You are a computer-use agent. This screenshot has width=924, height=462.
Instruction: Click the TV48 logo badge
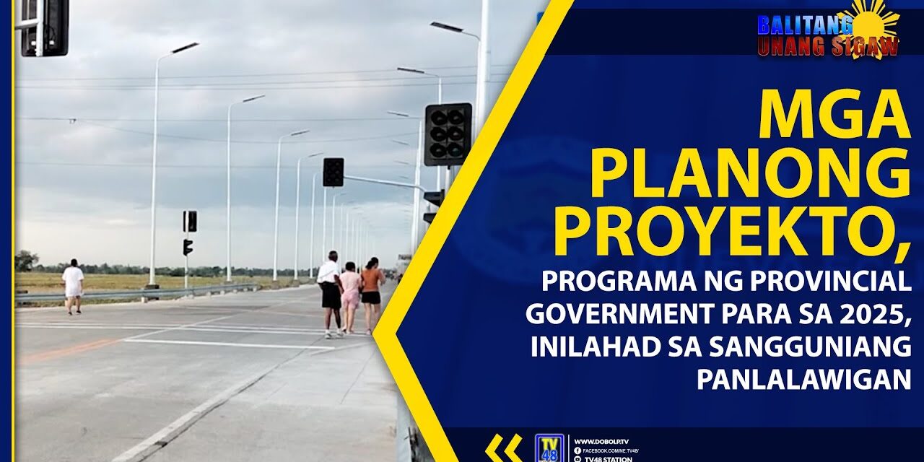(549, 448)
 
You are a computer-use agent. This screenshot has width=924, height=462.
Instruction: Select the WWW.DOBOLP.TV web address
(600, 441)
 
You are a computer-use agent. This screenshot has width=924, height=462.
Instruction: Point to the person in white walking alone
(73, 286)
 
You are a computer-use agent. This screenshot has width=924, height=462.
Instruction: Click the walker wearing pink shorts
(351, 296)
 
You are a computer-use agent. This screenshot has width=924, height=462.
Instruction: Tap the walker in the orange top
(372, 293)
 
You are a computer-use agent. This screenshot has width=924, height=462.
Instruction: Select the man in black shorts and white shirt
(330, 292)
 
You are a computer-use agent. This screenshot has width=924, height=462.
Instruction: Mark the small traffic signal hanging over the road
(333, 173)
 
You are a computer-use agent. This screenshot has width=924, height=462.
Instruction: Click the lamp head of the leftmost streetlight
(186, 48)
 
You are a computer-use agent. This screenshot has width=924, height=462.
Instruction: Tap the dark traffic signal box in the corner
(45, 27)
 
